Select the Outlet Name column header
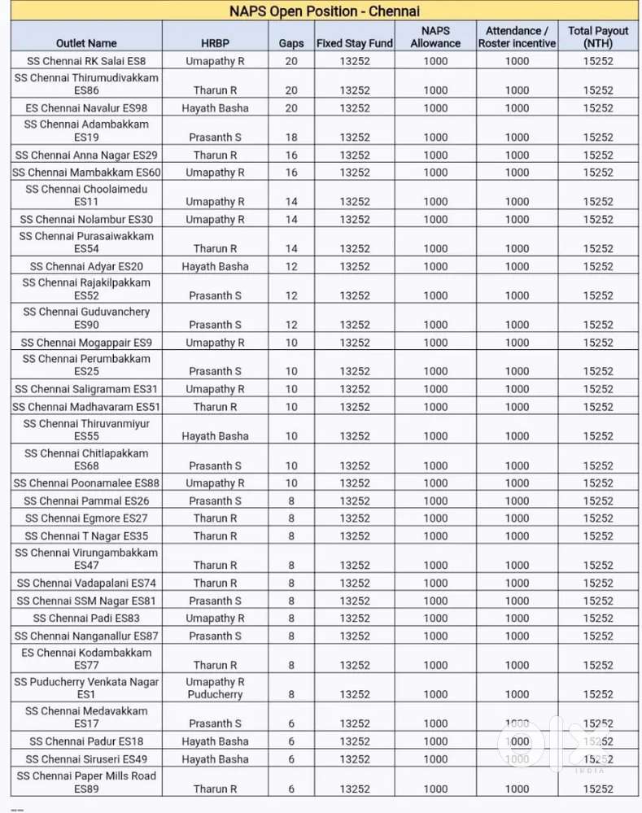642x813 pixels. click(86, 43)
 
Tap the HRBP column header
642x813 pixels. click(215, 43)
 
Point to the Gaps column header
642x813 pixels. click(290, 43)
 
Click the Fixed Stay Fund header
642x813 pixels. click(355, 43)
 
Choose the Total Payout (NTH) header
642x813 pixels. click(598, 37)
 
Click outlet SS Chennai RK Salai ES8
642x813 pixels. click(86, 61)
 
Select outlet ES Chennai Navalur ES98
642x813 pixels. click(86, 108)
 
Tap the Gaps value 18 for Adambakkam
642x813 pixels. click(290, 138)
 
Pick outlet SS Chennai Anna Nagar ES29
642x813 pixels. click(86, 155)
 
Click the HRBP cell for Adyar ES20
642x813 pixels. click(215, 266)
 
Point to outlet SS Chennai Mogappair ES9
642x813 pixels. click(86, 343)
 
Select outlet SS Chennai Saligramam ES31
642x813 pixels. click(86, 389)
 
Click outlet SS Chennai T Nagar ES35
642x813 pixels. click(86, 535)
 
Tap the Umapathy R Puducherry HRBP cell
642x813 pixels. click(215, 688)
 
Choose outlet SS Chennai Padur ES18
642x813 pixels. click(86, 741)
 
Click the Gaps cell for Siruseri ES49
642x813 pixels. click(290, 759)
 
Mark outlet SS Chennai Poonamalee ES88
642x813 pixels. click(86, 483)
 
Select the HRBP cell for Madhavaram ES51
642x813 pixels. click(215, 407)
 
